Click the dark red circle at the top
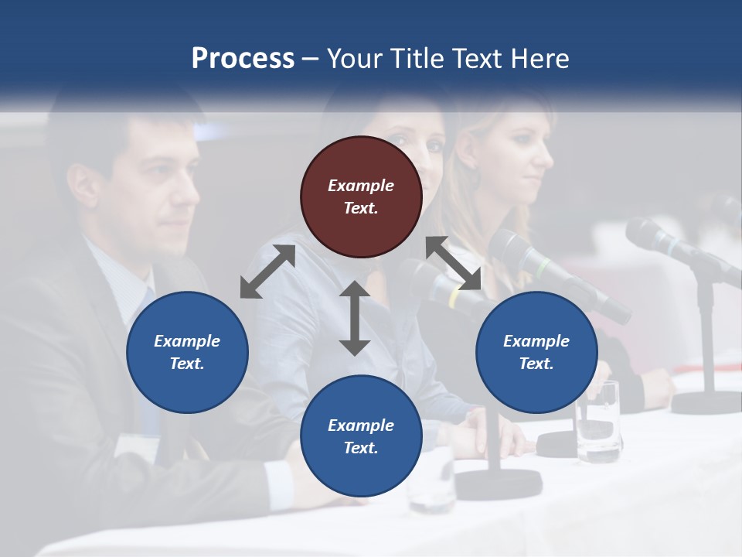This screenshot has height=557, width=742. [361, 197]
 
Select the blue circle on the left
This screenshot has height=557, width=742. [187, 352]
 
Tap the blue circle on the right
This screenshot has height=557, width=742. [536, 352]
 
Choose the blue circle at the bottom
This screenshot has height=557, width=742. [361, 436]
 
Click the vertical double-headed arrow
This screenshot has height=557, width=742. [355, 318]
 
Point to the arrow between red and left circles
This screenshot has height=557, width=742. [267, 272]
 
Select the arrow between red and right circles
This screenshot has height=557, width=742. [454, 263]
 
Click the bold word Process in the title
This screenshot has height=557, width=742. [243, 58]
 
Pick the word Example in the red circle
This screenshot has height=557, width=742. [361, 186]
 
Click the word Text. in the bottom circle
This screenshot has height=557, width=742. [361, 448]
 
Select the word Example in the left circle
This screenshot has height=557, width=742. [187, 341]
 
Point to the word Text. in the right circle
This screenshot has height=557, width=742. [536, 364]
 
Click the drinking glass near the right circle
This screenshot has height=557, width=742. [601, 422]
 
